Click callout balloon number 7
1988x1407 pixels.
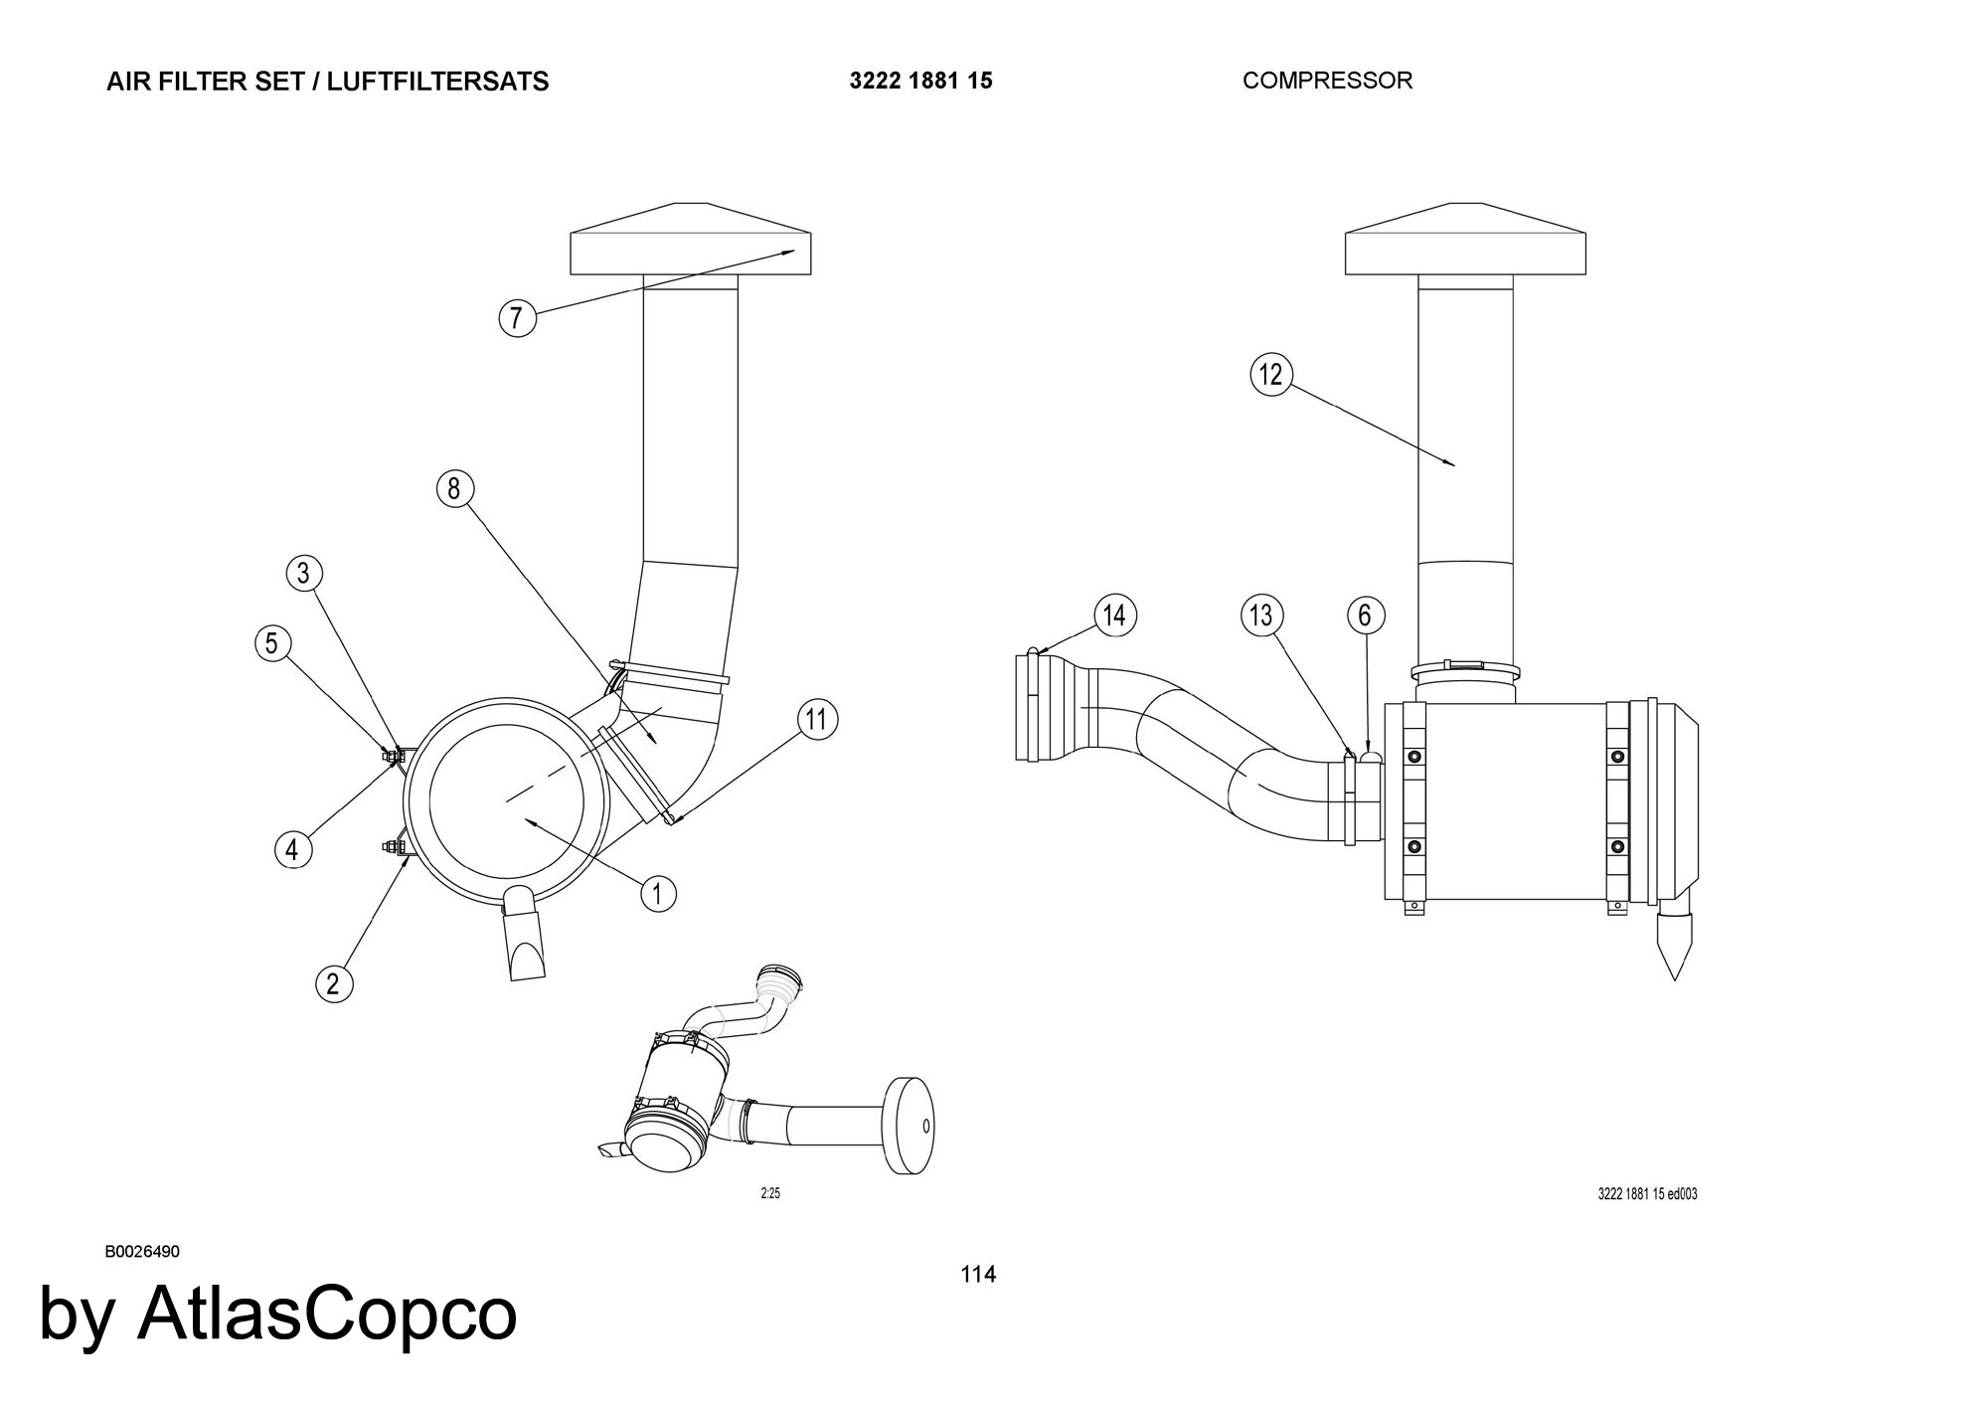[516, 318]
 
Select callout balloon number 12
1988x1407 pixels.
[1271, 375]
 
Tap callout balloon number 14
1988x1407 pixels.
[1115, 616]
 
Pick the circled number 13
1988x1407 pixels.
[1261, 616]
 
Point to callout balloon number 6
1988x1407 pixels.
[1365, 616]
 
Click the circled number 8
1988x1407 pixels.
[454, 488]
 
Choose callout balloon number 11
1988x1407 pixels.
[816, 719]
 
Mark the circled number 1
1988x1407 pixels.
[657, 893]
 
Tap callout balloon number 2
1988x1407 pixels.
[333, 983]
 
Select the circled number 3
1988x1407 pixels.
[304, 573]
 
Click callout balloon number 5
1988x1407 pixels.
[271, 642]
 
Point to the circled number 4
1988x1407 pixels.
[291, 849]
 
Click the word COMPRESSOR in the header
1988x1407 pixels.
[1327, 81]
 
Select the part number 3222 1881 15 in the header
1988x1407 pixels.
[920, 81]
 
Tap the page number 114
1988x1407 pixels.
[978, 1274]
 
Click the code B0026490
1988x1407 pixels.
[142, 1251]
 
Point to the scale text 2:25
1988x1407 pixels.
[770, 1193]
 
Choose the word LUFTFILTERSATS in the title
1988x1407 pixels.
[437, 82]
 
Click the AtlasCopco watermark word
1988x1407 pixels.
[327, 1314]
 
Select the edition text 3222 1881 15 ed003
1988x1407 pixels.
[1647, 1194]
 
